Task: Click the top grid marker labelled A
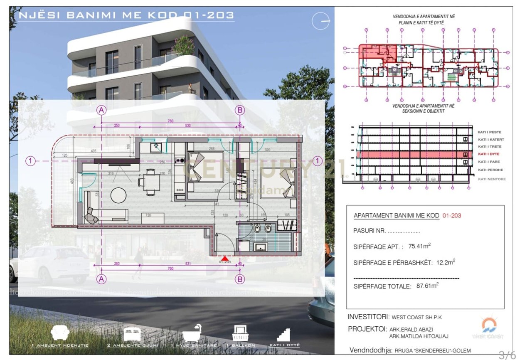pyautogui.click(x=101, y=110)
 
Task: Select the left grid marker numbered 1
pyautogui.click(x=30, y=161)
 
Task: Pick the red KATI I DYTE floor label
pyautogui.click(x=489, y=154)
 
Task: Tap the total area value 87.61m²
pyautogui.click(x=428, y=286)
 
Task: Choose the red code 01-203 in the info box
pyautogui.click(x=452, y=216)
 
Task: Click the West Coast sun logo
pyautogui.click(x=489, y=325)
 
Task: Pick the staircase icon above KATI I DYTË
pyautogui.click(x=283, y=334)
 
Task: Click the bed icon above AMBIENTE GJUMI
pyautogui.click(x=133, y=334)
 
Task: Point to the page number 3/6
pyautogui.click(x=507, y=355)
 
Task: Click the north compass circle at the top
pyautogui.click(x=320, y=21)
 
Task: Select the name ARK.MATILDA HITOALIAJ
pyautogui.click(x=419, y=336)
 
